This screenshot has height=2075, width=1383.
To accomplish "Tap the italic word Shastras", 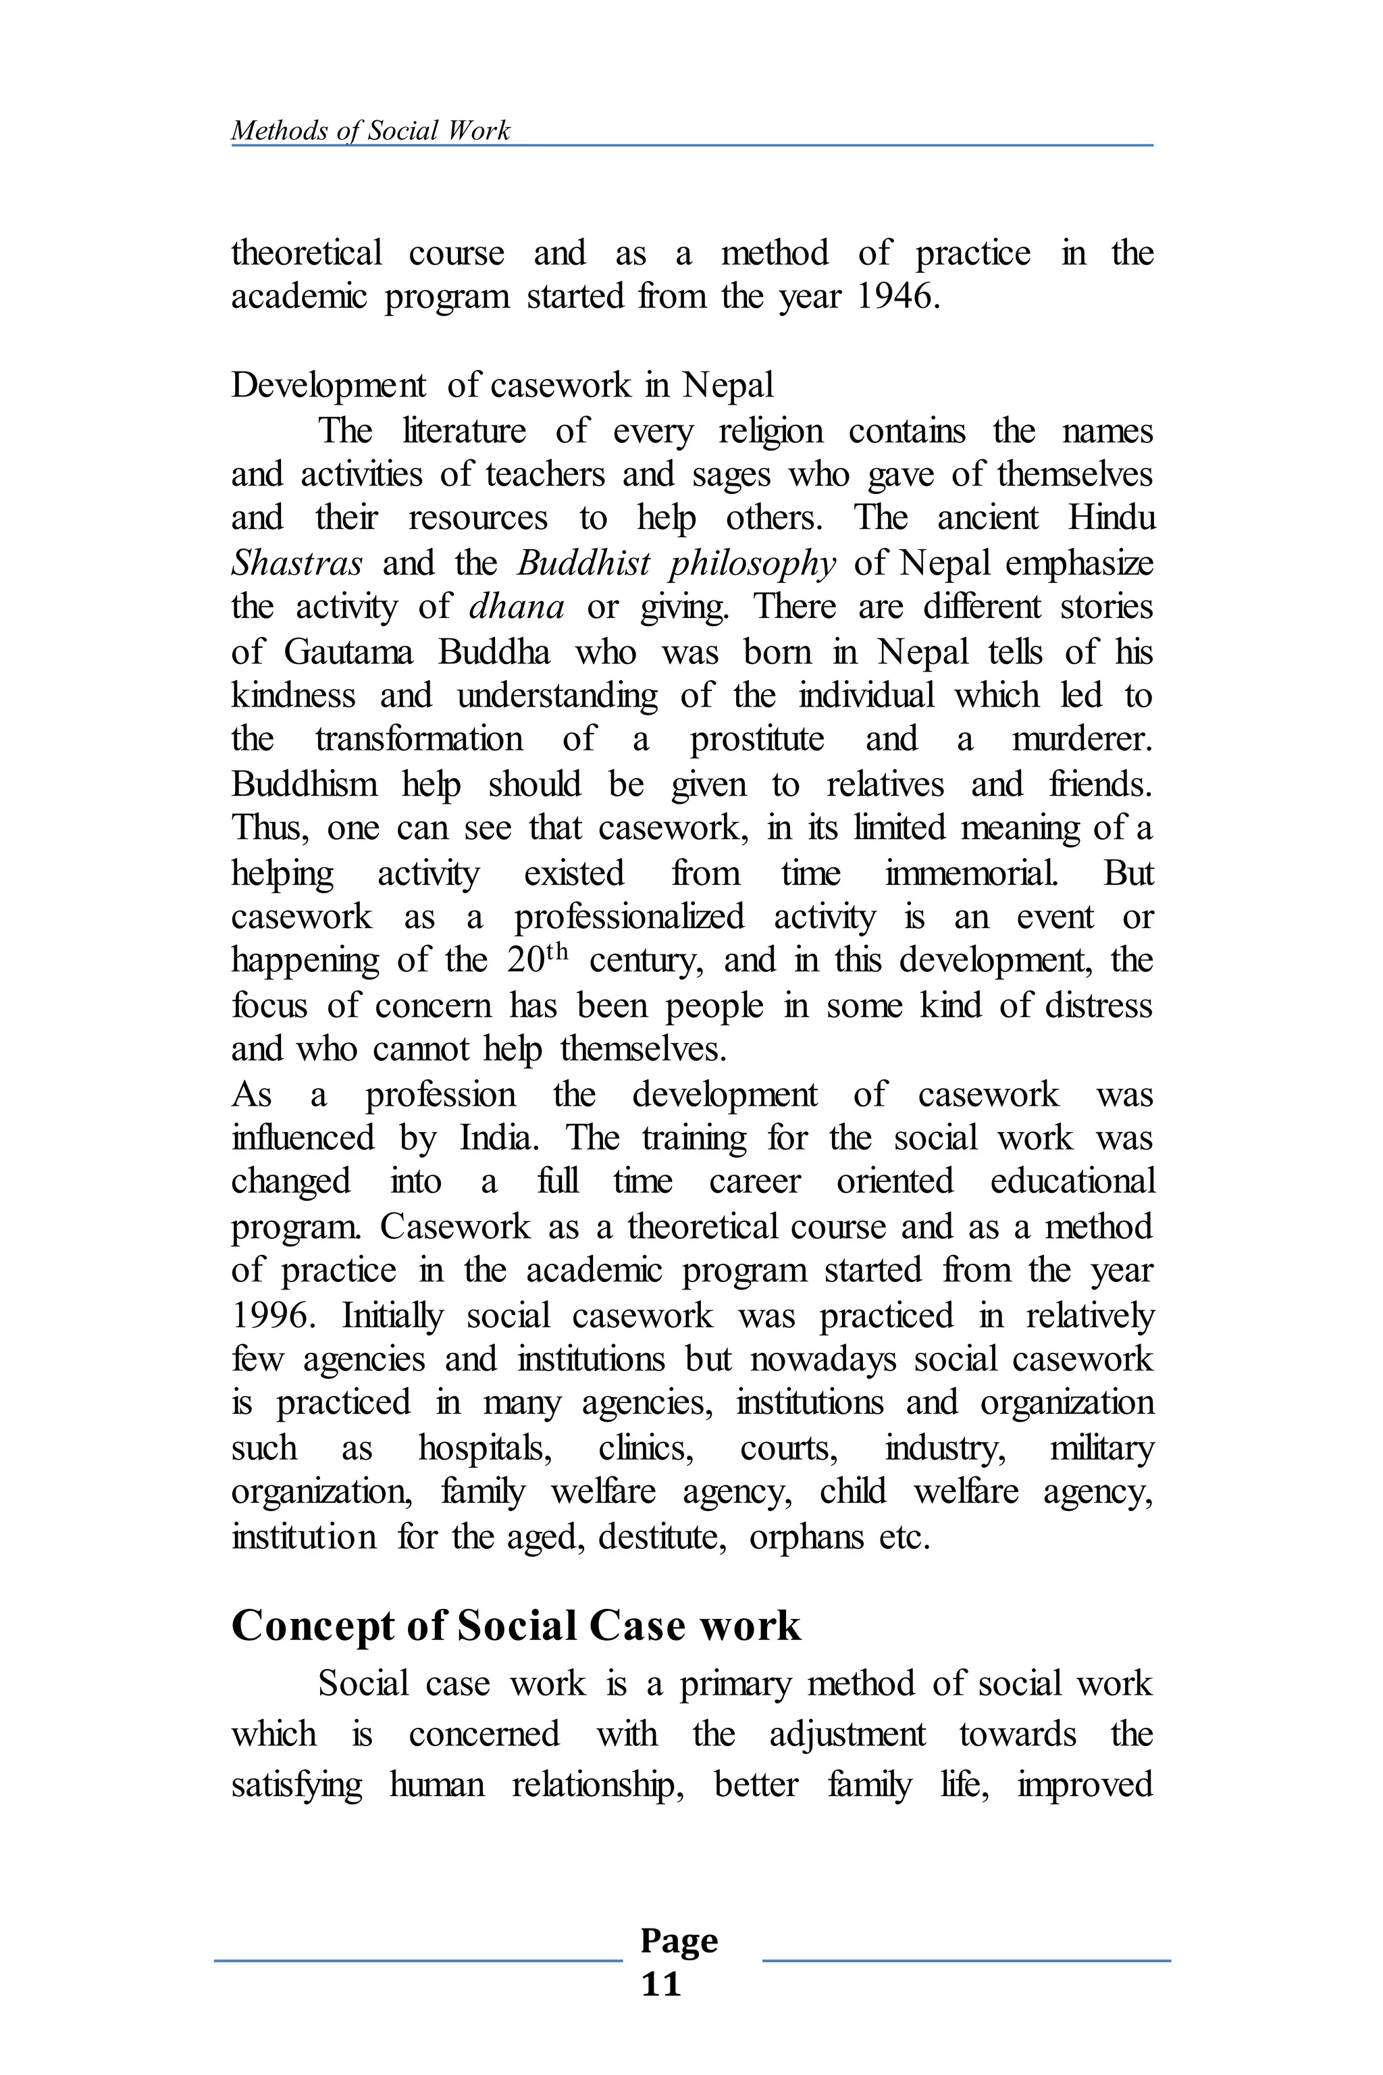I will pos(296,563).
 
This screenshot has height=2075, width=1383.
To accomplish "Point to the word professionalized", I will pos(630,917).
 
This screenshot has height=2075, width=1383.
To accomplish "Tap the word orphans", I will pos(806,1536).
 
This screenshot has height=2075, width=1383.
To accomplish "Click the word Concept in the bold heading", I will pos(312,1626).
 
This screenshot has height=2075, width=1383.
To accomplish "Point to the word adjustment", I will pos(847,1734).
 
